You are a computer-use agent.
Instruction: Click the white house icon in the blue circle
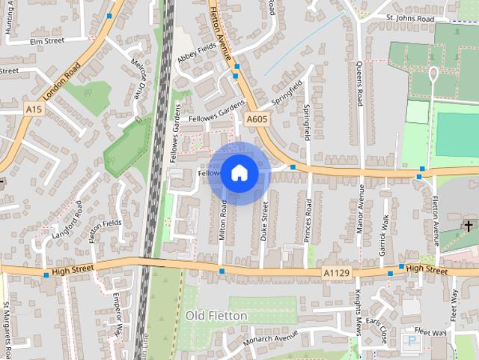tap(239, 173)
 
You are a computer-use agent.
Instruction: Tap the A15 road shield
tap(33, 109)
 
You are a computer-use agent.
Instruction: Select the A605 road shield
tap(257, 119)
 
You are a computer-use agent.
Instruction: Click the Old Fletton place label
tap(216, 316)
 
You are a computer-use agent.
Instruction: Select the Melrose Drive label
tap(139, 79)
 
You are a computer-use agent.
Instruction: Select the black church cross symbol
tap(469, 225)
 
